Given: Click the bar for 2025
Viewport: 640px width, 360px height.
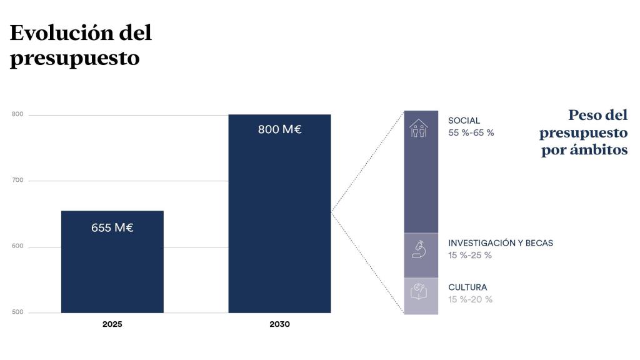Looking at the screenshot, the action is point(112,262).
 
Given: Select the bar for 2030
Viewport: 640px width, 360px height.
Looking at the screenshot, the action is point(279,214).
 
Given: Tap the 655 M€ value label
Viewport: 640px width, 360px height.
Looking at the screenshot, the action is point(112,227).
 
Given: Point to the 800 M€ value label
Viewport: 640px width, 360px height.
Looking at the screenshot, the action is point(279,129).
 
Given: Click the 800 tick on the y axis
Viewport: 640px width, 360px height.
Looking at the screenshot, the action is point(17,114).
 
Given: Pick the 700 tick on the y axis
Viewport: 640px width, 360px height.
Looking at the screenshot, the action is point(17,180).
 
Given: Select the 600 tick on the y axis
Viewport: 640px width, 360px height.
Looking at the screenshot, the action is point(17,246).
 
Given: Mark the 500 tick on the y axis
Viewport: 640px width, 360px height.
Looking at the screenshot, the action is point(17,312).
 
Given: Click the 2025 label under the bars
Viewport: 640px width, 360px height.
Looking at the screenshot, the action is point(112,324).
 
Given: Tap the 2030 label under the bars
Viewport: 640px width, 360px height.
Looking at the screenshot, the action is point(279,324).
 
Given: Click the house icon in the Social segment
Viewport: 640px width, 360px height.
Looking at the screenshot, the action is point(419,128).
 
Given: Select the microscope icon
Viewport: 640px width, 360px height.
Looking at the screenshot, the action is point(419,249).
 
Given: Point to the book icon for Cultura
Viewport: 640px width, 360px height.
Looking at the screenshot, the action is point(419,291).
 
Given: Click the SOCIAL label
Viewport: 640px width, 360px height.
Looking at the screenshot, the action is point(464,121).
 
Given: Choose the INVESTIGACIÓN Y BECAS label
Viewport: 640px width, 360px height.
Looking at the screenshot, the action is point(501,243).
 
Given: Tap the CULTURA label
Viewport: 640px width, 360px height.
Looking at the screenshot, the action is point(467,287).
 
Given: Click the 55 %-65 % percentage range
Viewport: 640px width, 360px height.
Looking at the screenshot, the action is point(471,132).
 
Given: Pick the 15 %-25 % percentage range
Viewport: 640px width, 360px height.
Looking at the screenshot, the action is point(470,255).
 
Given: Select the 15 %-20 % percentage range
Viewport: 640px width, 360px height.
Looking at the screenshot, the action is point(470,299).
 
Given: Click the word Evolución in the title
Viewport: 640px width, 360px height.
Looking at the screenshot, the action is point(61,32).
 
